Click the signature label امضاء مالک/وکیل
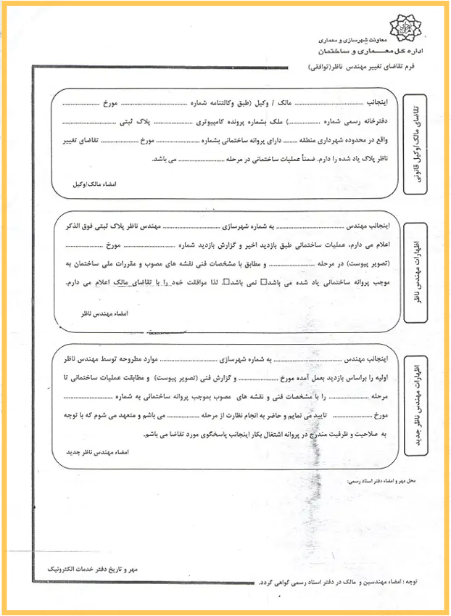[x=95, y=184]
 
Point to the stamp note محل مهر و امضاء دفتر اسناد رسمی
[x=376, y=481]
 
